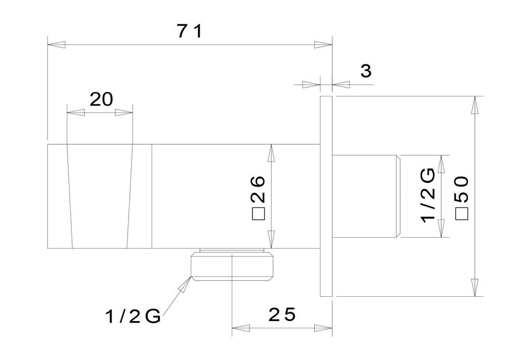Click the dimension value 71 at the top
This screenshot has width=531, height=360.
point(190,32)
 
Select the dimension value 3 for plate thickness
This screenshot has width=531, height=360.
point(366,71)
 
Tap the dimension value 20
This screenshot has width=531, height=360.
point(101,100)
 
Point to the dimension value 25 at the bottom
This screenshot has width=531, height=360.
point(282,315)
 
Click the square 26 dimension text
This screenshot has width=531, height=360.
point(258,198)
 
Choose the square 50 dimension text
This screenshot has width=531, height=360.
point(462,198)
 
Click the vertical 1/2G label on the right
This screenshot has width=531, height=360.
point(428,196)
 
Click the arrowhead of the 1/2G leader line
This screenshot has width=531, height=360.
point(185,284)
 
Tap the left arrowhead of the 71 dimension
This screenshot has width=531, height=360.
point(56,45)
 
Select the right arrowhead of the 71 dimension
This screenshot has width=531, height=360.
point(323,45)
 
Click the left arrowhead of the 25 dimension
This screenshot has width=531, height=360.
point(241,328)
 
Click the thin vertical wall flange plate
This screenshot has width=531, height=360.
point(326,196)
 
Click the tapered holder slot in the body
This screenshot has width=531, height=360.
point(100,196)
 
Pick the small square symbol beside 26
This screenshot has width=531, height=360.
point(258,215)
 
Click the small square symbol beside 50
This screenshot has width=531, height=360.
point(462,215)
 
